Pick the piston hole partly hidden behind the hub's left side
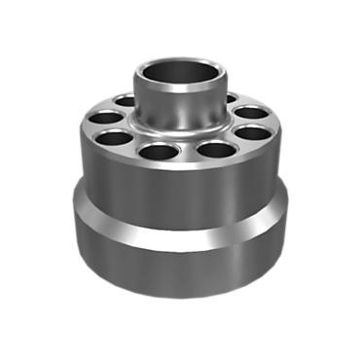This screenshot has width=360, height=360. point(125,100)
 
